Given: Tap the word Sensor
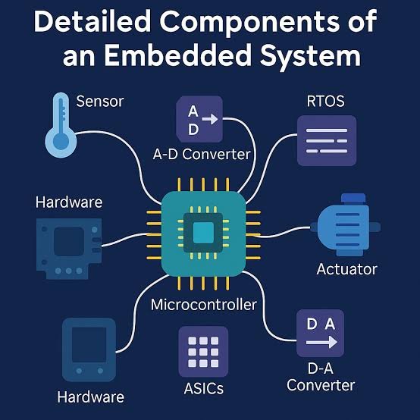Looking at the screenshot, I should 101,100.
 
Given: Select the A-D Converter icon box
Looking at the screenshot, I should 198,119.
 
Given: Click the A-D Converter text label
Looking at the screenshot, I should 202,155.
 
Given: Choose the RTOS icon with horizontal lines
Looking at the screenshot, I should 321,140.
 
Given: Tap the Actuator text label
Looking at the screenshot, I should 346,269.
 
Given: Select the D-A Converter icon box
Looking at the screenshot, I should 321,334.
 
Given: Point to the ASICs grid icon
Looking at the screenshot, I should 202,351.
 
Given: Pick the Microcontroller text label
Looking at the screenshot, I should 204,306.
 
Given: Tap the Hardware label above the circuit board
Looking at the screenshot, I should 69,202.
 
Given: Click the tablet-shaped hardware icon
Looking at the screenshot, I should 89,349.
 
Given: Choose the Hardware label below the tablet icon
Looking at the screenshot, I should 90,397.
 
